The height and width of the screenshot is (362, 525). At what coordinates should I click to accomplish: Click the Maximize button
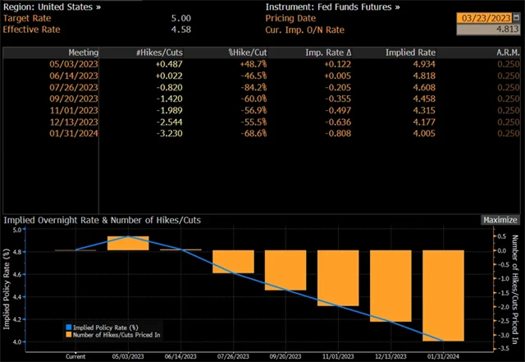500,220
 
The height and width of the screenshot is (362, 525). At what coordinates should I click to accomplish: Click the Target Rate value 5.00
181,17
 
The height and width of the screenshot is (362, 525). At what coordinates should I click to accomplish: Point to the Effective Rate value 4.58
181,29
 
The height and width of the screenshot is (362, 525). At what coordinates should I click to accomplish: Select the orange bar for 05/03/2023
128,243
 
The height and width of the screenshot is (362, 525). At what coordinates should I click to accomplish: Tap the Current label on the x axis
75,356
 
